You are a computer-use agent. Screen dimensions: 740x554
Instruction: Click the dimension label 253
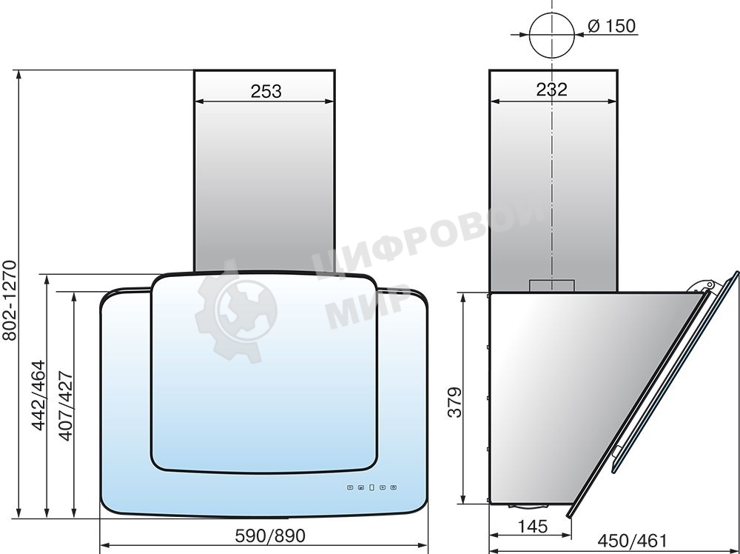(266, 91)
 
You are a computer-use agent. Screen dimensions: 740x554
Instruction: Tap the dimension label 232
(552, 89)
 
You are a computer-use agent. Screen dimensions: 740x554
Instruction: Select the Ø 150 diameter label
(612, 26)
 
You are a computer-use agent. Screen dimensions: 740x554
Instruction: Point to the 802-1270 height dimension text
(10, 301)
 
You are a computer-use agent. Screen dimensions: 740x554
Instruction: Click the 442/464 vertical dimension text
(38, 395)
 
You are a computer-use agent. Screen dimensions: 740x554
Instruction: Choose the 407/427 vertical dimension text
(66, 406)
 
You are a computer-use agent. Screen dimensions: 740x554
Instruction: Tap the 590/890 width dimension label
(270, 535)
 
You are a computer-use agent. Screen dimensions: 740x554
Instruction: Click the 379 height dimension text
(455, 402)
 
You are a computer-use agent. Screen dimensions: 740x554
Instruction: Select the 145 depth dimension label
(533, 526)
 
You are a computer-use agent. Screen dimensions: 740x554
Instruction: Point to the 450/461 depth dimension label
(633, 541)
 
